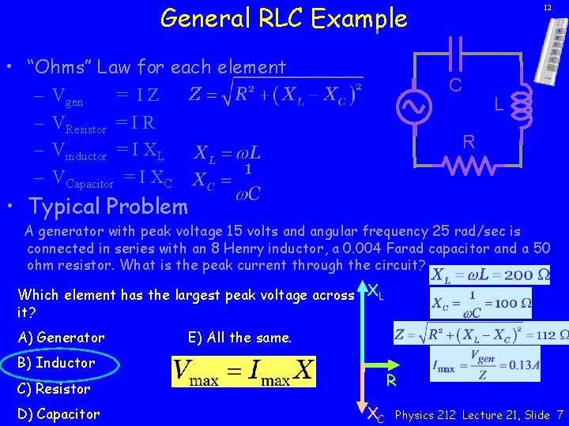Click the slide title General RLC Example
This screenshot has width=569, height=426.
[x=283, y=17]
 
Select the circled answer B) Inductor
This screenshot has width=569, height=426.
[x=56, y=363]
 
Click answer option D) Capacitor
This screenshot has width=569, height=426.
[x=59, y=414]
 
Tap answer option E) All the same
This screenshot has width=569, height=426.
[x=240, y=338]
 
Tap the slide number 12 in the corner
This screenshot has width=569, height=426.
[x=546, y=7]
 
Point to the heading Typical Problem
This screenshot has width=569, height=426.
[x=108, y=207]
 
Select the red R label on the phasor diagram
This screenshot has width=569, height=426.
[x=390, y=380]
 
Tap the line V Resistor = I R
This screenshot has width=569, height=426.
[x=104, y=123]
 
